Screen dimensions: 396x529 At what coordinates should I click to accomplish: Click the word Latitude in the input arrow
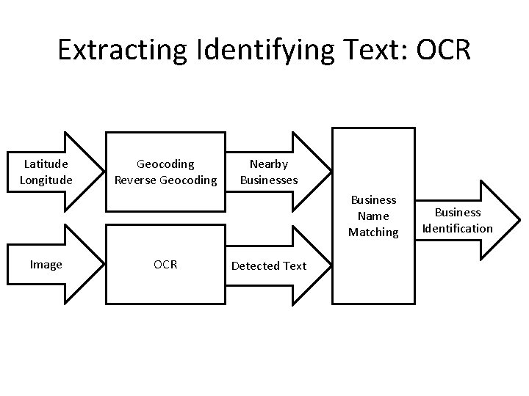(46, 164)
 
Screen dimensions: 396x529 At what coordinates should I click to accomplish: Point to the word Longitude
(46, 180)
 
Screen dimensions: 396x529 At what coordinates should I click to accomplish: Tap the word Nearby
(268, 164)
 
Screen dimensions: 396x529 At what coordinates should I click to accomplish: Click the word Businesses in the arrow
(268, 180)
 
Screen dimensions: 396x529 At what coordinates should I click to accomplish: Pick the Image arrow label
(46, 265)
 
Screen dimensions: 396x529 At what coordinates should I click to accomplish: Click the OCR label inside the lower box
(165, 265)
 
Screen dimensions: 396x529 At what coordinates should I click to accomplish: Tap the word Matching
(373, 232)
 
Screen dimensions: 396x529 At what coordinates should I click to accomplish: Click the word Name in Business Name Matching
(373, 216)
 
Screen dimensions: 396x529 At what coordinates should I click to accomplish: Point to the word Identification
(457, 228)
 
